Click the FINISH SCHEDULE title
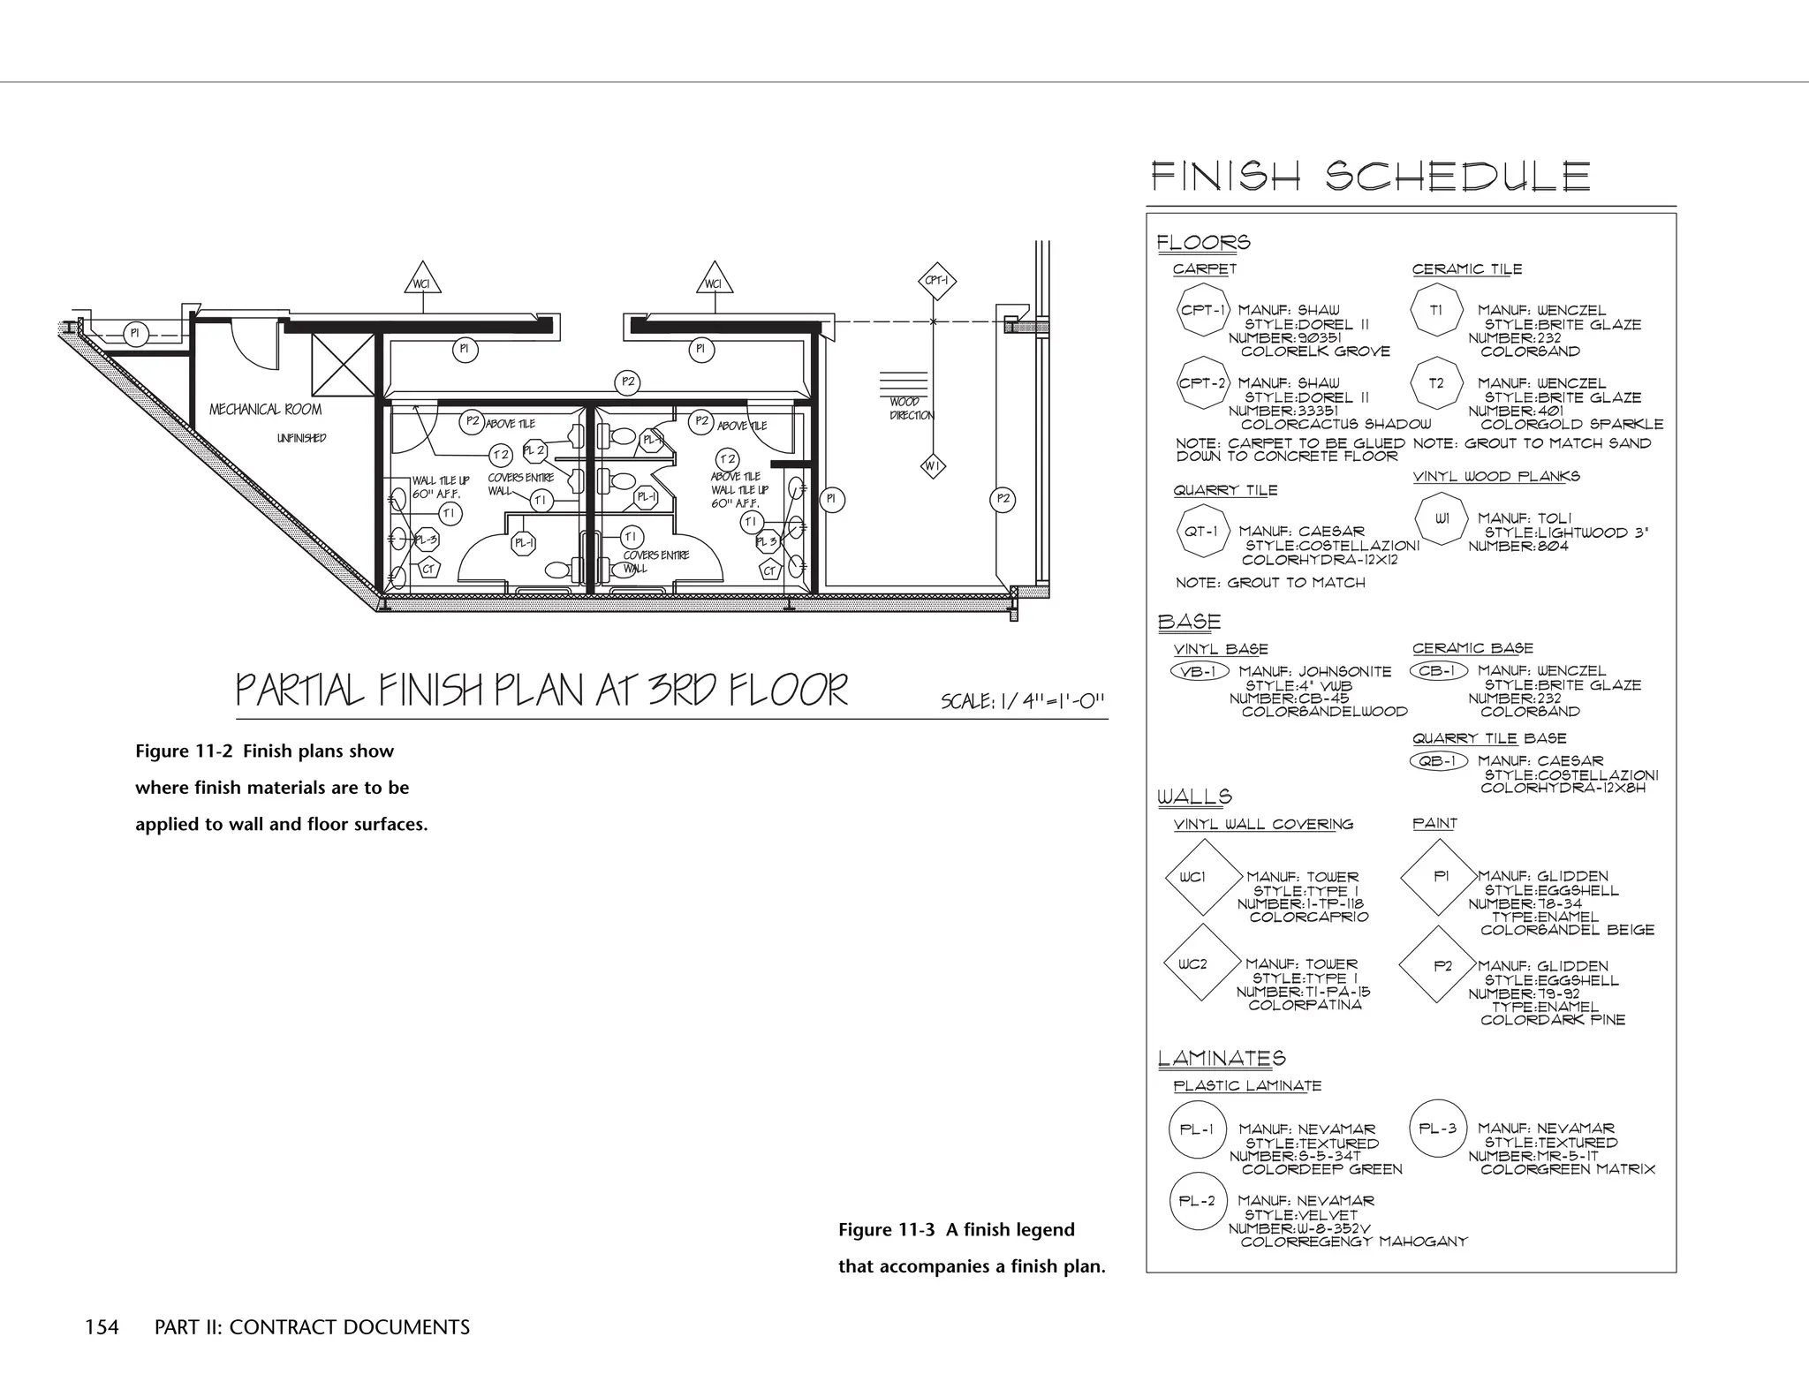1370,177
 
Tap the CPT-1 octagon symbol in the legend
1203,311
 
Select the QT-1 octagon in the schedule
1201,532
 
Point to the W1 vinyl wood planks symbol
1442,518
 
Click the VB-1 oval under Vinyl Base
1199,672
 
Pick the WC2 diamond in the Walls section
1192,964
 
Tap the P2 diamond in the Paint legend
1442,966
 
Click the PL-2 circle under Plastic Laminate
1198,1201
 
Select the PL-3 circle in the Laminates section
1437,1129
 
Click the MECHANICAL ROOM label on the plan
265,410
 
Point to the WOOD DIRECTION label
910,408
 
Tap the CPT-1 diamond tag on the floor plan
935,282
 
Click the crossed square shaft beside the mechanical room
343,365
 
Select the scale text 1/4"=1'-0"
1023,701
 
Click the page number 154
102,1327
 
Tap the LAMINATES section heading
1221,1058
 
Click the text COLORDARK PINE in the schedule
1552,1020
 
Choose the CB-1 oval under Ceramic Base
1438,671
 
